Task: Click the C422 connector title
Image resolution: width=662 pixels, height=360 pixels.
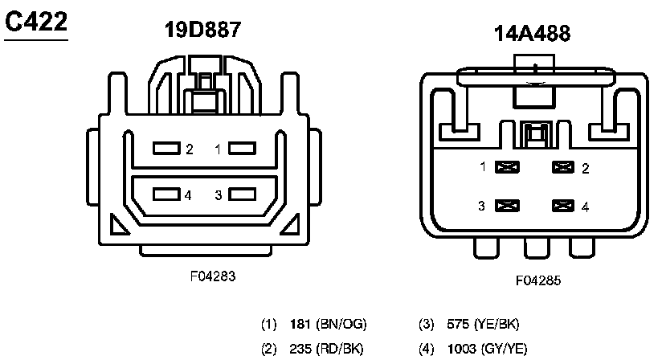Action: (35, 22)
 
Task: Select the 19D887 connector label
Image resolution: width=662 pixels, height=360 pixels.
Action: (202, 31)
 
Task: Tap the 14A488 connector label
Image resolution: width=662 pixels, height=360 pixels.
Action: (533, 35)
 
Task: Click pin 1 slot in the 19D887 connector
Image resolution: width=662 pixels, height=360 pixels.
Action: (241, 149)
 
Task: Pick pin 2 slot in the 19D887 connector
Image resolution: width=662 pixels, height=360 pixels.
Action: (166, 149)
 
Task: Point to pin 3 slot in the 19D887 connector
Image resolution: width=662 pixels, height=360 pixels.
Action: (241, 194)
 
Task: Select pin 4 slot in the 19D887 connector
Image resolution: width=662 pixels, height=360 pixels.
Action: (166, 194)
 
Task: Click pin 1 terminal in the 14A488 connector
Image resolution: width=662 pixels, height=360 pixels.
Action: (507, 168)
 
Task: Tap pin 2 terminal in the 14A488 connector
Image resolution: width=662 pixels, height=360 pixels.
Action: (564, 168)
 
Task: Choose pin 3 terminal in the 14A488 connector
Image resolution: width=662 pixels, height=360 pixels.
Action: (507, 206)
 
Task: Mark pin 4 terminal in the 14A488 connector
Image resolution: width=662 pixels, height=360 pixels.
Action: (564, 206)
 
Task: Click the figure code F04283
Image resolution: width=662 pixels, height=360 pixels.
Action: (213, 276)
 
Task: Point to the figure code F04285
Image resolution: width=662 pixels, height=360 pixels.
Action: (537, 281)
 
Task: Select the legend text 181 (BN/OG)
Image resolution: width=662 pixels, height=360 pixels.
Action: (328, 325)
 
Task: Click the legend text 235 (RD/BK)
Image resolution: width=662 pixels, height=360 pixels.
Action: (328, 350)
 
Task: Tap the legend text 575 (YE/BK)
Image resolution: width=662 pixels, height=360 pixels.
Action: (482, 325)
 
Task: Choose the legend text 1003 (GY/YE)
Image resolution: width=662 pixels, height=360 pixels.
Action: (487, 350)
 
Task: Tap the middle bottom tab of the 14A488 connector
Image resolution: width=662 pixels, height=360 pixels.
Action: (536, 248)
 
